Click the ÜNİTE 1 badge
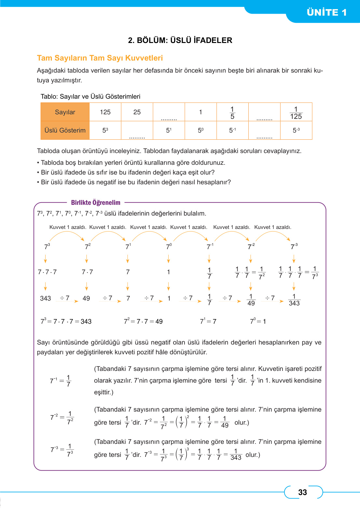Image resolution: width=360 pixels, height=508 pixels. coord(326,12)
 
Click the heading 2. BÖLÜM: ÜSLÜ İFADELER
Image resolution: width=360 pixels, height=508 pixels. coord(180,40)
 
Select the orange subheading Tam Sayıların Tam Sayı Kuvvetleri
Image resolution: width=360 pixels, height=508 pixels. coord(100,58)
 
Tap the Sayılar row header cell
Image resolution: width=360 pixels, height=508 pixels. coord(65,112)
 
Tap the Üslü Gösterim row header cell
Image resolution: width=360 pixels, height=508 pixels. coord(65,130)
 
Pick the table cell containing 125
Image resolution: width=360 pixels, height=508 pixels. coord(105,112)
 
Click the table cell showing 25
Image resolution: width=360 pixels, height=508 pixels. coord(137,112)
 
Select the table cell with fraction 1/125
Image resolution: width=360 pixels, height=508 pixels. coord(296,113)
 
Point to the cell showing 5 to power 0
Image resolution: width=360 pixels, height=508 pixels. coord(201,130)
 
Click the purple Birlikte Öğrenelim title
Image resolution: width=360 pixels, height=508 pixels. coord(96,203)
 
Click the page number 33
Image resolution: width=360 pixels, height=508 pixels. coord(302,492)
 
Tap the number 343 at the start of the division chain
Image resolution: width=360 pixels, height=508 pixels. coord(45,298)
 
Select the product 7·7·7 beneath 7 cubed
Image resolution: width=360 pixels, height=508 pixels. coord(47,272)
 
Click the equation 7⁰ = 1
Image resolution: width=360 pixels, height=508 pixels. coord(258,321)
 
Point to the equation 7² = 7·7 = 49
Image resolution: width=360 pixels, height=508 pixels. coord(143,321)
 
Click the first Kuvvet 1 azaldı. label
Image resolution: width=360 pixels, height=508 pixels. coord(68,227)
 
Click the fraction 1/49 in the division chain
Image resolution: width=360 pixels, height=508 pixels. coord(251,300)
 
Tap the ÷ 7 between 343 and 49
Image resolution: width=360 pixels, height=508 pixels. coord(65,298)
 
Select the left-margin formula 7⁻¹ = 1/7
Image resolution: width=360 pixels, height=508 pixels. coord(61,381)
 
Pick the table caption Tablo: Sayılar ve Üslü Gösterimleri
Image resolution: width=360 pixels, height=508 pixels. coord(90,96)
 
